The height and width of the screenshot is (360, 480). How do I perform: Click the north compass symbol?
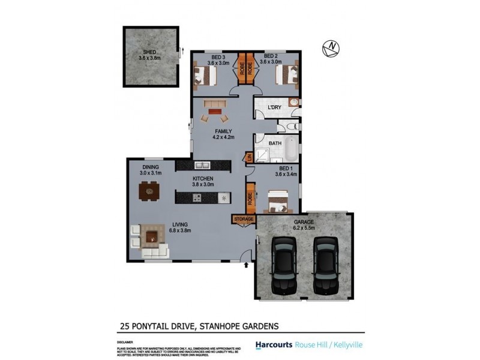(x=331, y=47)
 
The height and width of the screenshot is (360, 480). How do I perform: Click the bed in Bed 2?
(x=285, y=76)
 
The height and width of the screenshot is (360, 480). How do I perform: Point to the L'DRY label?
(x=274, y=107)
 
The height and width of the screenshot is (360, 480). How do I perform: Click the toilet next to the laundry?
(x=290, y=127)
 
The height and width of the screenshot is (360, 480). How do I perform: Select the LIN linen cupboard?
(x=248, y=158)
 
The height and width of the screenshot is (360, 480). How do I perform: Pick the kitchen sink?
(x=201, y=166)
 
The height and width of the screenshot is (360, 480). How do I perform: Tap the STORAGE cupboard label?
(x=244, y=219)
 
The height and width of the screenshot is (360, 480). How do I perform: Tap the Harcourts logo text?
(x=274, y=345)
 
